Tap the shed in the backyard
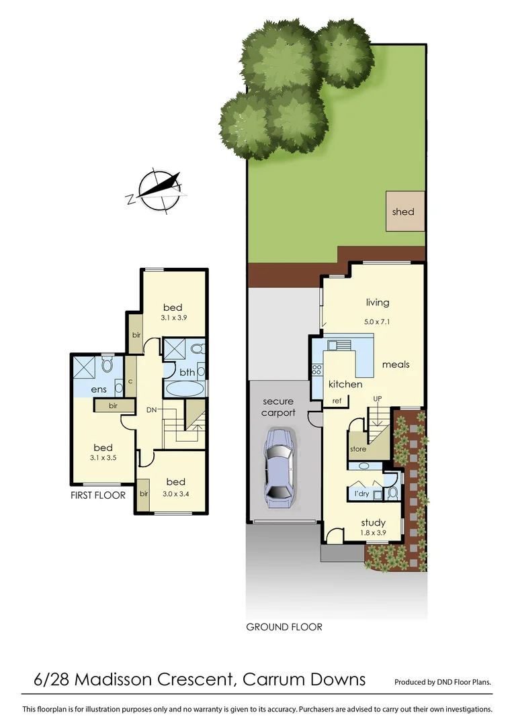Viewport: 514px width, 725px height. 404,211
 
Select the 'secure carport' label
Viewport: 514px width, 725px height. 278,407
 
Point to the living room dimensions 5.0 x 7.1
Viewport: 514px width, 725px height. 378,322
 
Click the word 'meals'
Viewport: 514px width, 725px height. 396,365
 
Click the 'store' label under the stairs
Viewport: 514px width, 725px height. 358,449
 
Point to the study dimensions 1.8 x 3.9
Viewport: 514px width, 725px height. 373,534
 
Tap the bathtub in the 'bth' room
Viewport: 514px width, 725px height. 183,388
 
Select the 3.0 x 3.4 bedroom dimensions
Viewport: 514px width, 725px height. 176,494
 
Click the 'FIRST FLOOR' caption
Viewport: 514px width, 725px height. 99,495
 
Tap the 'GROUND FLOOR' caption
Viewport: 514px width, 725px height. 284,627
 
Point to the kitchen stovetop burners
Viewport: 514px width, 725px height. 316,371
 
